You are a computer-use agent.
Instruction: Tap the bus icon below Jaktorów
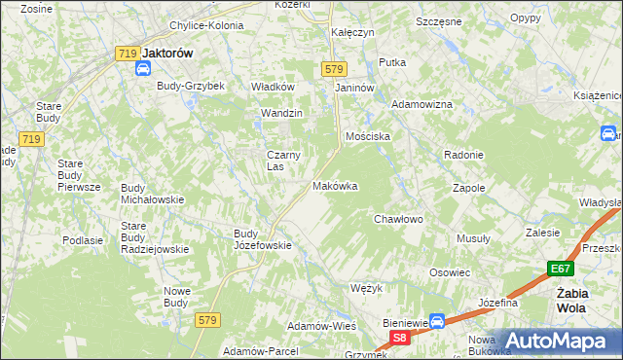tap(143, 69)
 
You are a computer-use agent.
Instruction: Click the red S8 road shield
tap(399, 338)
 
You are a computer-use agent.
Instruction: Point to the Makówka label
tap(335, 186)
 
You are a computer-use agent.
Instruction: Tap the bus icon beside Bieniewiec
tap(438, 320)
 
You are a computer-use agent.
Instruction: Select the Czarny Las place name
tap(283, 160)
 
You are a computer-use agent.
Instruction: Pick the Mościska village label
tap(367, 136)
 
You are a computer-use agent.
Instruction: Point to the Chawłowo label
tap(399, 219)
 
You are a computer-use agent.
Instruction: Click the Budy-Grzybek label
tap(191, 86)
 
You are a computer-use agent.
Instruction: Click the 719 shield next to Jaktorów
tap(125, 54)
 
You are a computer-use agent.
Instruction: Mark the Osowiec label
tap(450, 272)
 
